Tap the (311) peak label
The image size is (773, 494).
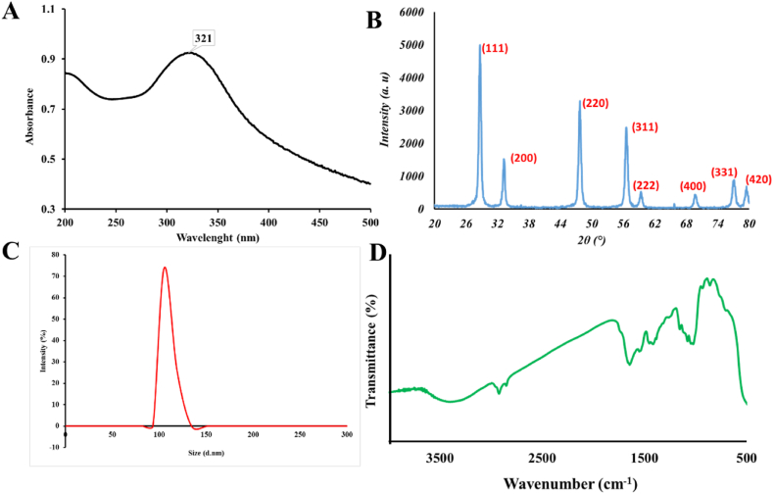tap(644, 126)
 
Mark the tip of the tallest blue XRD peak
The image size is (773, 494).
tap(480, 45)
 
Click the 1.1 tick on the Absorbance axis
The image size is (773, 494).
tap(48, 11)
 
